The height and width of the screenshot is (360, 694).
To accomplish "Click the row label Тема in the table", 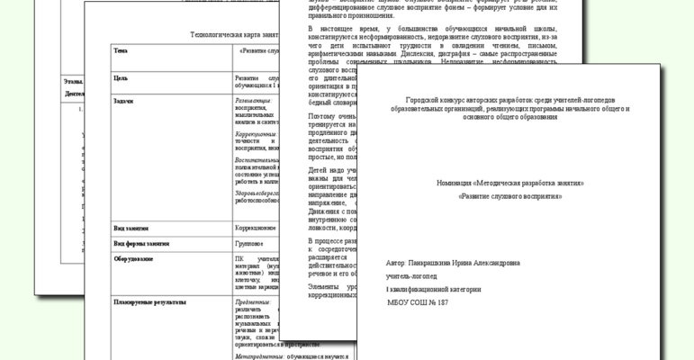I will click(121, 50).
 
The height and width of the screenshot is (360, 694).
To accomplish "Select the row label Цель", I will click(121, 78).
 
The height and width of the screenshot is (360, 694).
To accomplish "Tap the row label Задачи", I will click(123, 101).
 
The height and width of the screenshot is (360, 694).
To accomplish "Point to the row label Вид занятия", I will click(131, 228).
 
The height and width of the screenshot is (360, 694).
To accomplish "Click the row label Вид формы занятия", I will click(140, 243).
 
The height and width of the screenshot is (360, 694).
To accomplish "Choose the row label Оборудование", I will click(132, 259).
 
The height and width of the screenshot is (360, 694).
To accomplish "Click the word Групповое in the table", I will click(249, 243).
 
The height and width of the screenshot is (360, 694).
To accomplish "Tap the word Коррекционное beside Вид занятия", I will click(256, 228).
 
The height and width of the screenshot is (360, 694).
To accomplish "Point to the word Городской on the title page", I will click(424, 99).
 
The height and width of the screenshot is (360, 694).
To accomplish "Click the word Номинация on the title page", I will click(457, 183).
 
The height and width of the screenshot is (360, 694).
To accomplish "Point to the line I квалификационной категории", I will click(433, 290).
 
